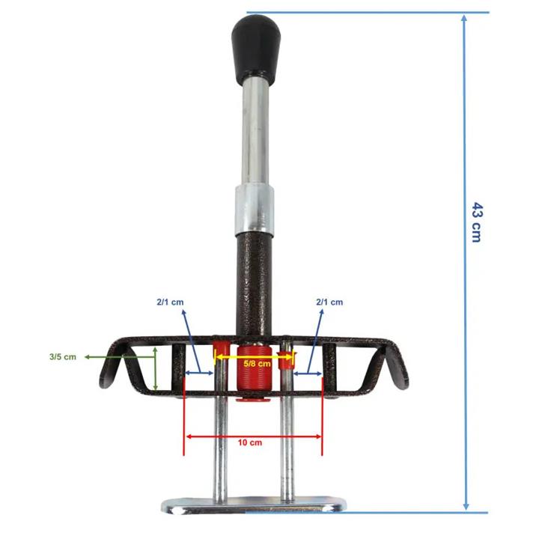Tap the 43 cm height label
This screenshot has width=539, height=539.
pos(477,222)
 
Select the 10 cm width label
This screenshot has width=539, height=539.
pos(250,442)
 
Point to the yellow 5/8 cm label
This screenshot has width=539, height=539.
pos(257,363)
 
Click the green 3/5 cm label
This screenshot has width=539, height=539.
pos(63,357)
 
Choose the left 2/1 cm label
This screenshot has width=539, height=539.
pos(170,302)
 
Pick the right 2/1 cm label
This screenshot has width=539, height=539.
pos(329,302)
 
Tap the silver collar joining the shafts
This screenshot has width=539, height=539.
pos(255,210)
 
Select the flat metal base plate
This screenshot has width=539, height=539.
pos(254,505)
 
